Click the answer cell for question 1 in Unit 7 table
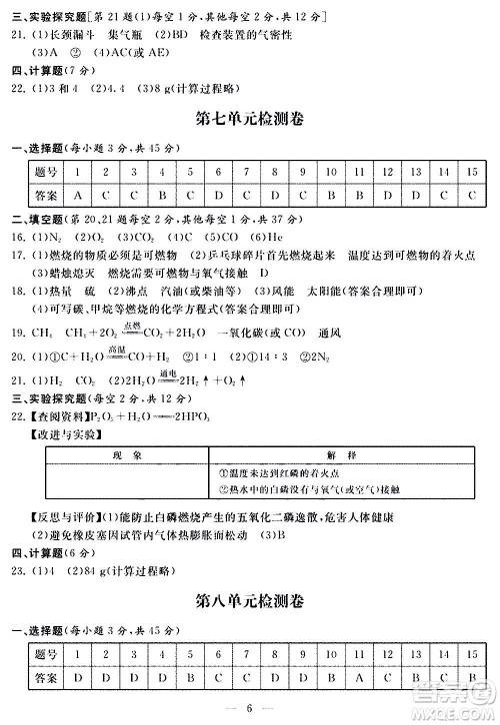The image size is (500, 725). click(x=78, y=195)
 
